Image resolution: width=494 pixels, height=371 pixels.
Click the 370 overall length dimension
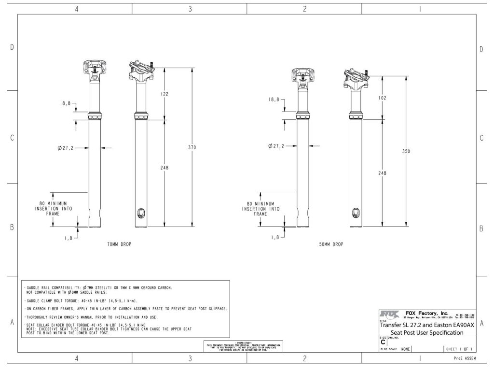[192, 147]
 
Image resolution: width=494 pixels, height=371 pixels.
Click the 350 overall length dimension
[406, 151]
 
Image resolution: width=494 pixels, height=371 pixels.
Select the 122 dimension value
[165, 95]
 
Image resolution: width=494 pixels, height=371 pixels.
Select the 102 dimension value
[383, 97]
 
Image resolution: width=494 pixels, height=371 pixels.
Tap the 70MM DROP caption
[119, 244]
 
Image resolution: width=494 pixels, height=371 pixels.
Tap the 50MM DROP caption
[331, 244]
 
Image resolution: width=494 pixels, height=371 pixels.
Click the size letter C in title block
[383, 342]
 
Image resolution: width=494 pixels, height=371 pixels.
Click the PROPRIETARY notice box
[243, 346]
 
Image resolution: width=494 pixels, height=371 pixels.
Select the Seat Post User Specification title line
[427, 332]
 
